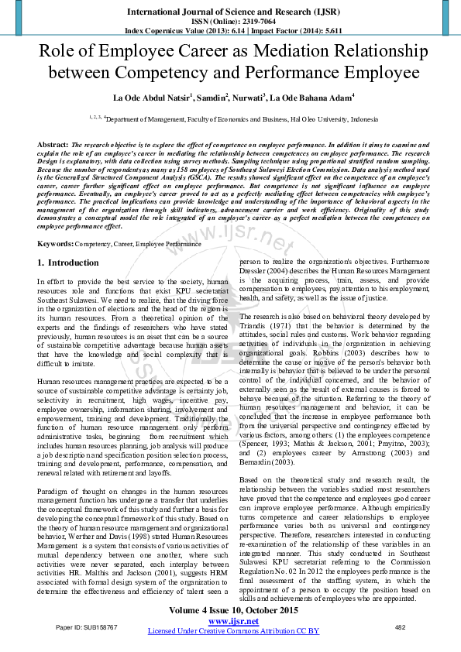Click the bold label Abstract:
coord(53,145)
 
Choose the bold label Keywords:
coord(56,244)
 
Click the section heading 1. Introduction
coord(68,264)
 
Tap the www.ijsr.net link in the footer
coord(233,620)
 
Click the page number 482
coord(401,627)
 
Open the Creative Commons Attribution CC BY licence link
coord(233,631)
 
